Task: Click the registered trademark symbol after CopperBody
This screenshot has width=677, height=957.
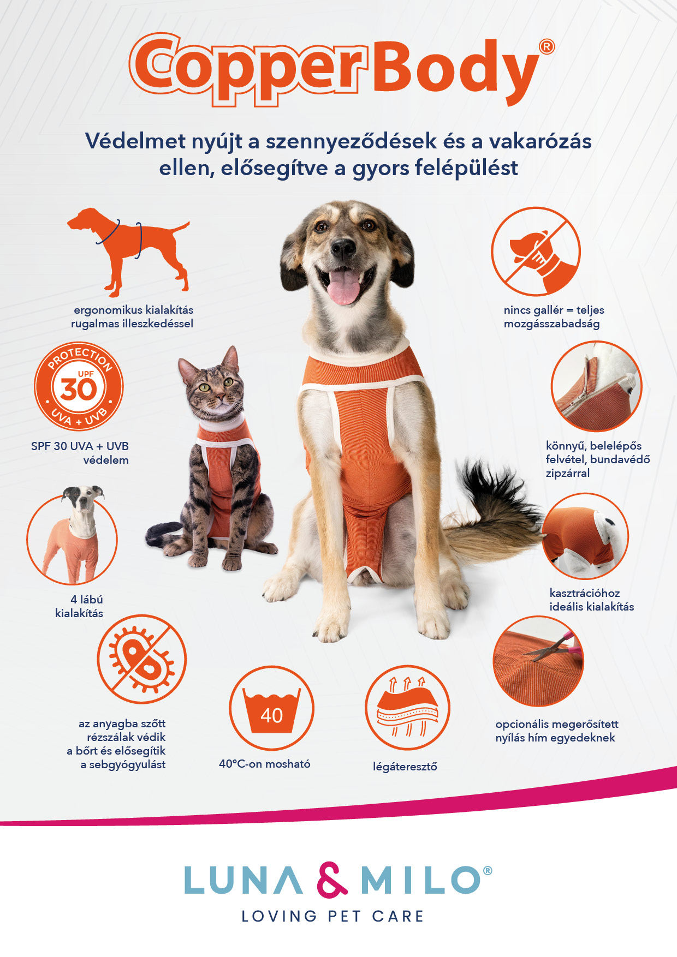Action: click(x=547, y=47)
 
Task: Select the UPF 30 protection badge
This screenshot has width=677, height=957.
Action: click(x=79, y=387)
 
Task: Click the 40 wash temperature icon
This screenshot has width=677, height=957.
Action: click(x=271, y=708)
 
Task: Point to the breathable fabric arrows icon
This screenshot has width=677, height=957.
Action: click(x=407, y=708)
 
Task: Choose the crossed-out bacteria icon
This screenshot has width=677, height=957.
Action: click(x=142, y=659)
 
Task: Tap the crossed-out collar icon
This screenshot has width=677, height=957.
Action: click(x=536, y=252)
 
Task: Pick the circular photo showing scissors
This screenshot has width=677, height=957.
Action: click(x=538, y=661)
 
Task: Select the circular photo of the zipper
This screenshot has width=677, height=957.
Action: click(x=596, y=386)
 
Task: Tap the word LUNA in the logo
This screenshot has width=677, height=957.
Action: click(x=244, y=880)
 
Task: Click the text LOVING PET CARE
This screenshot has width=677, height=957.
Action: click(x=333, y=916)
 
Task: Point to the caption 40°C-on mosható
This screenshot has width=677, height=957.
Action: click(x=265, y=764)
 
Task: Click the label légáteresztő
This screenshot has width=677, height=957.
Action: click(x=405, y=767)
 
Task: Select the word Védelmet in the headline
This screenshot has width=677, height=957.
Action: click(x=135, y=141)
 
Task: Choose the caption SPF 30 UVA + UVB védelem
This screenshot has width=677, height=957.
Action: click(x=80, y=453)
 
